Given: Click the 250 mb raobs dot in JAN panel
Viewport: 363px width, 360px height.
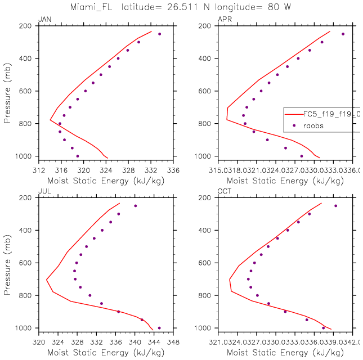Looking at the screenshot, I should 159,34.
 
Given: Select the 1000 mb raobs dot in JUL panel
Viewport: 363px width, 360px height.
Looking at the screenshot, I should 159,328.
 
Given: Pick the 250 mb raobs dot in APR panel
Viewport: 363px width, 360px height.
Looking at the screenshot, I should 343,34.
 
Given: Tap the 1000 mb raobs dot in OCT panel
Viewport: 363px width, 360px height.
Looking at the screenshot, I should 323,328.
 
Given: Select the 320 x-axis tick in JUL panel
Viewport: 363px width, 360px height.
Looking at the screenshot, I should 38,340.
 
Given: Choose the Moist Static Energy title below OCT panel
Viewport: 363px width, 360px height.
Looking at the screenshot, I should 286,352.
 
